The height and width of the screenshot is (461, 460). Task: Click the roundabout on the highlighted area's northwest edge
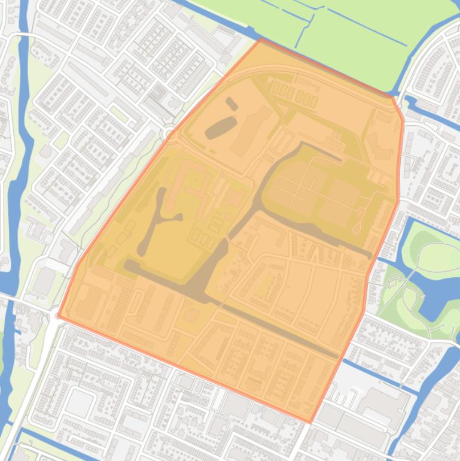coord(169,133)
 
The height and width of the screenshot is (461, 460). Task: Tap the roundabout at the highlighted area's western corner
coord(59,315)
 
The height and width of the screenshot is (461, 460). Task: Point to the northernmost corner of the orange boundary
coord(261,40)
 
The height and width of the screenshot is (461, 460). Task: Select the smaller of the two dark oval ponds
coord(231,104)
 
